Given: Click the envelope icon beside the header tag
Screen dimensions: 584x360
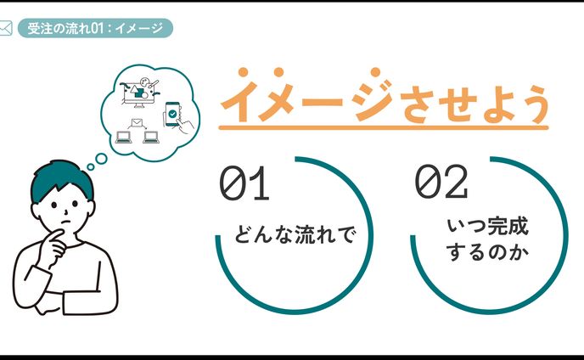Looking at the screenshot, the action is (x=6, y=29).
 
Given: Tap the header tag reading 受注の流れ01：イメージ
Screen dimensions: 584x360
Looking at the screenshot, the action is (x=94, y=29).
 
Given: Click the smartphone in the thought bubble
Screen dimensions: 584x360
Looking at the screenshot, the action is (x=173, y=115).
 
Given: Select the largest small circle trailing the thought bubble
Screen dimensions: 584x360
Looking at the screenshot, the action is (x=101, y=156).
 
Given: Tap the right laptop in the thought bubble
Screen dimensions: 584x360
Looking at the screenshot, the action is (x=151, y=136).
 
